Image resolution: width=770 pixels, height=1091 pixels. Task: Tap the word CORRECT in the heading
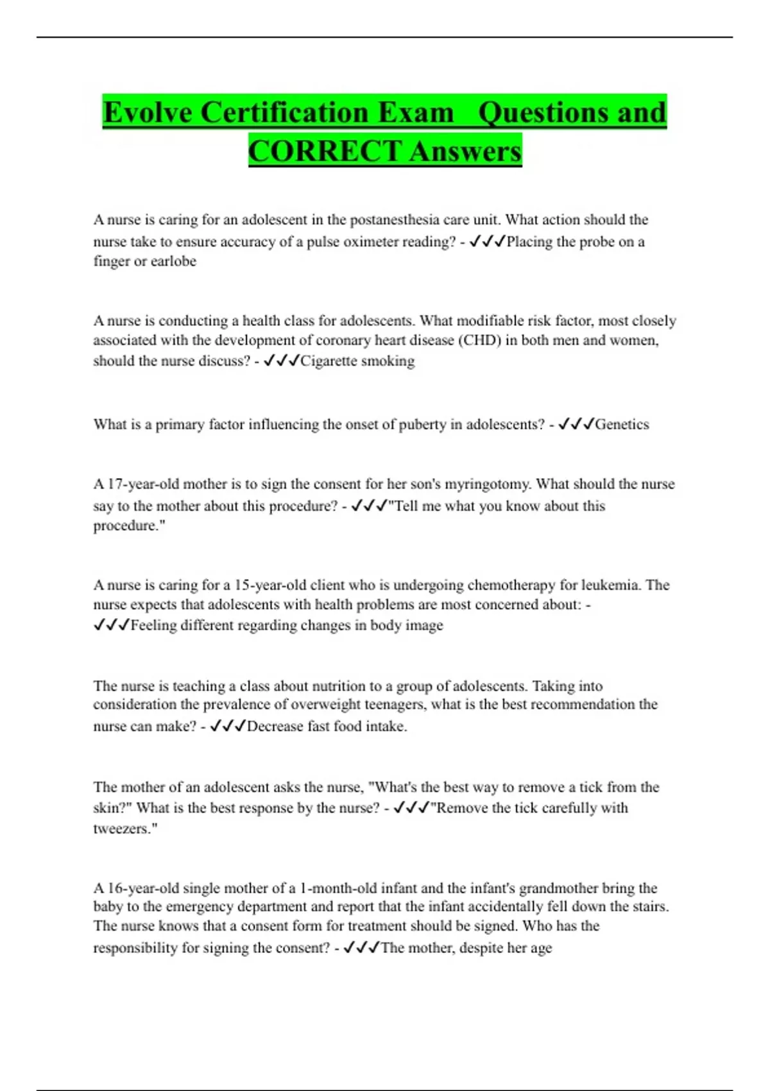(x=325, y=151)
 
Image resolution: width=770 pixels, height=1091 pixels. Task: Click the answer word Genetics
(x=622, y=424)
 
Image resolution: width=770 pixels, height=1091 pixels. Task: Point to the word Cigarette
(x=328, y=361)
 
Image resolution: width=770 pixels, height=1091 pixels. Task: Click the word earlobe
(x=173, y=261)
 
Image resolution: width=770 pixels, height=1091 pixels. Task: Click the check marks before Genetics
(x=576, y=424)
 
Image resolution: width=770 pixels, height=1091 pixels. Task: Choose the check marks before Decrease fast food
(x=228, y=726)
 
